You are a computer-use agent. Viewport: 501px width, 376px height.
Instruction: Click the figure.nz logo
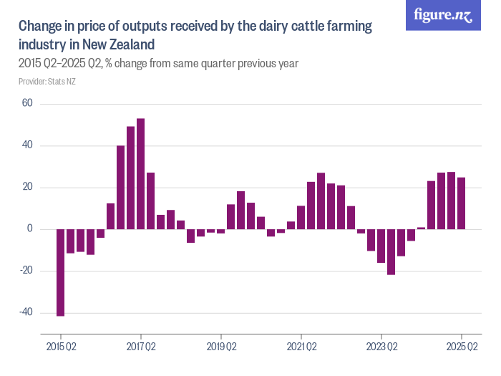443,15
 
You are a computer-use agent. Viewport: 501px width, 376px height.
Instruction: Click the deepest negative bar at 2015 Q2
61,272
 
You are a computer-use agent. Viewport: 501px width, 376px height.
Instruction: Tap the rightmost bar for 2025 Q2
462,203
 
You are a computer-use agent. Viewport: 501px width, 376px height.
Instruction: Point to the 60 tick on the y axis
28,104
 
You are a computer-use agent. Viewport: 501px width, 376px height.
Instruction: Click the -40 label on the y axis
26,312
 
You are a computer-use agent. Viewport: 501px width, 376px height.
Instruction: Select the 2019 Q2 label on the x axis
221,347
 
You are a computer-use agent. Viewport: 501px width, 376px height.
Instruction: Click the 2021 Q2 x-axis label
301,347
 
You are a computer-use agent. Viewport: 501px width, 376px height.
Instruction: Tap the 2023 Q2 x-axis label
381,347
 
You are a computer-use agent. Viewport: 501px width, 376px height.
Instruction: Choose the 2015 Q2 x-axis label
61,347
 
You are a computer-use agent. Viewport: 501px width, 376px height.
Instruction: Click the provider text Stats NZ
47,82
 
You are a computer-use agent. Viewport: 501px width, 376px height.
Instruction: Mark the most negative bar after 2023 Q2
391,251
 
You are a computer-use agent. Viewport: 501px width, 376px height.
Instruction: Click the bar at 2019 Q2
221,231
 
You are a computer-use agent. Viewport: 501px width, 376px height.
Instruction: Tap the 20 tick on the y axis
28,188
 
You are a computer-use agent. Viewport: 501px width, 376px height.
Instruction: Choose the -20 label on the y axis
26,271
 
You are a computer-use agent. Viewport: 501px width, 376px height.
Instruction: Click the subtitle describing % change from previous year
158,63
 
